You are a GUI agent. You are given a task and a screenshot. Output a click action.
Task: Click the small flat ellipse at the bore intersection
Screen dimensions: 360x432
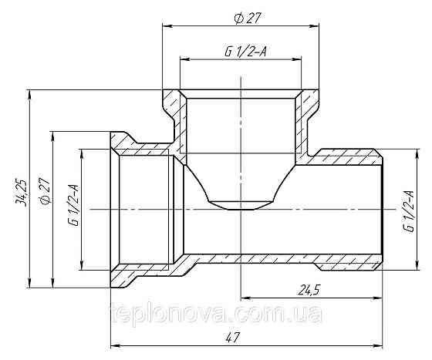[240, 204]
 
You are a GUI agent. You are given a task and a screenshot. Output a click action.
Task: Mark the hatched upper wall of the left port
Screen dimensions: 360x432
[143, 147]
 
